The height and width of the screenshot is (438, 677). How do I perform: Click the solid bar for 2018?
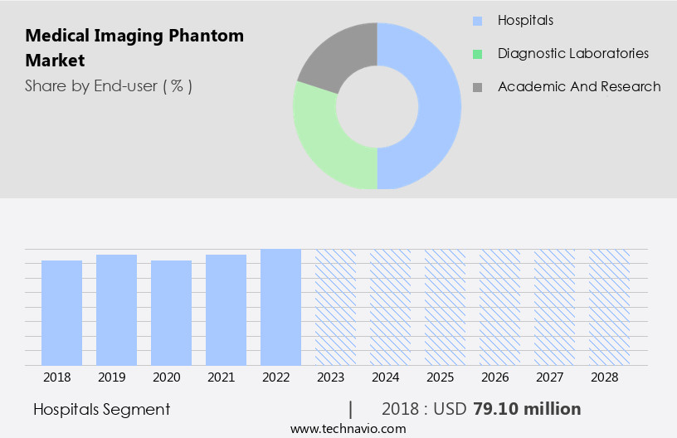point(61,313)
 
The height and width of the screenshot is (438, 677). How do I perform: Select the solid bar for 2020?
point(171,313)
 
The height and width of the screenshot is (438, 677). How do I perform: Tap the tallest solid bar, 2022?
point(280,307)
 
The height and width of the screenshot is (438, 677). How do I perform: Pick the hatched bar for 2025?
point(445,307)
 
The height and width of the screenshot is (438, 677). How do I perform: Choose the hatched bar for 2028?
point(609,307)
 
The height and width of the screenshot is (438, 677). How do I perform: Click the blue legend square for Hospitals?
point(477,21)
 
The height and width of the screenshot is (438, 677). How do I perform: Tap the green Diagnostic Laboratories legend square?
point(477,54)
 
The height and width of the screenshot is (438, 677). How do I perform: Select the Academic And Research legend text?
point(579,86)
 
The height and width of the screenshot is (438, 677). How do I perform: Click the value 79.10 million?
point(527,409)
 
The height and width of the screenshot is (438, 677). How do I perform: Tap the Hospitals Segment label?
point(101,409)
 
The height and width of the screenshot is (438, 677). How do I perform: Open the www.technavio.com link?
point(348,429)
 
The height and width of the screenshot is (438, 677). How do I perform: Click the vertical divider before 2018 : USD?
point(351,409)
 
